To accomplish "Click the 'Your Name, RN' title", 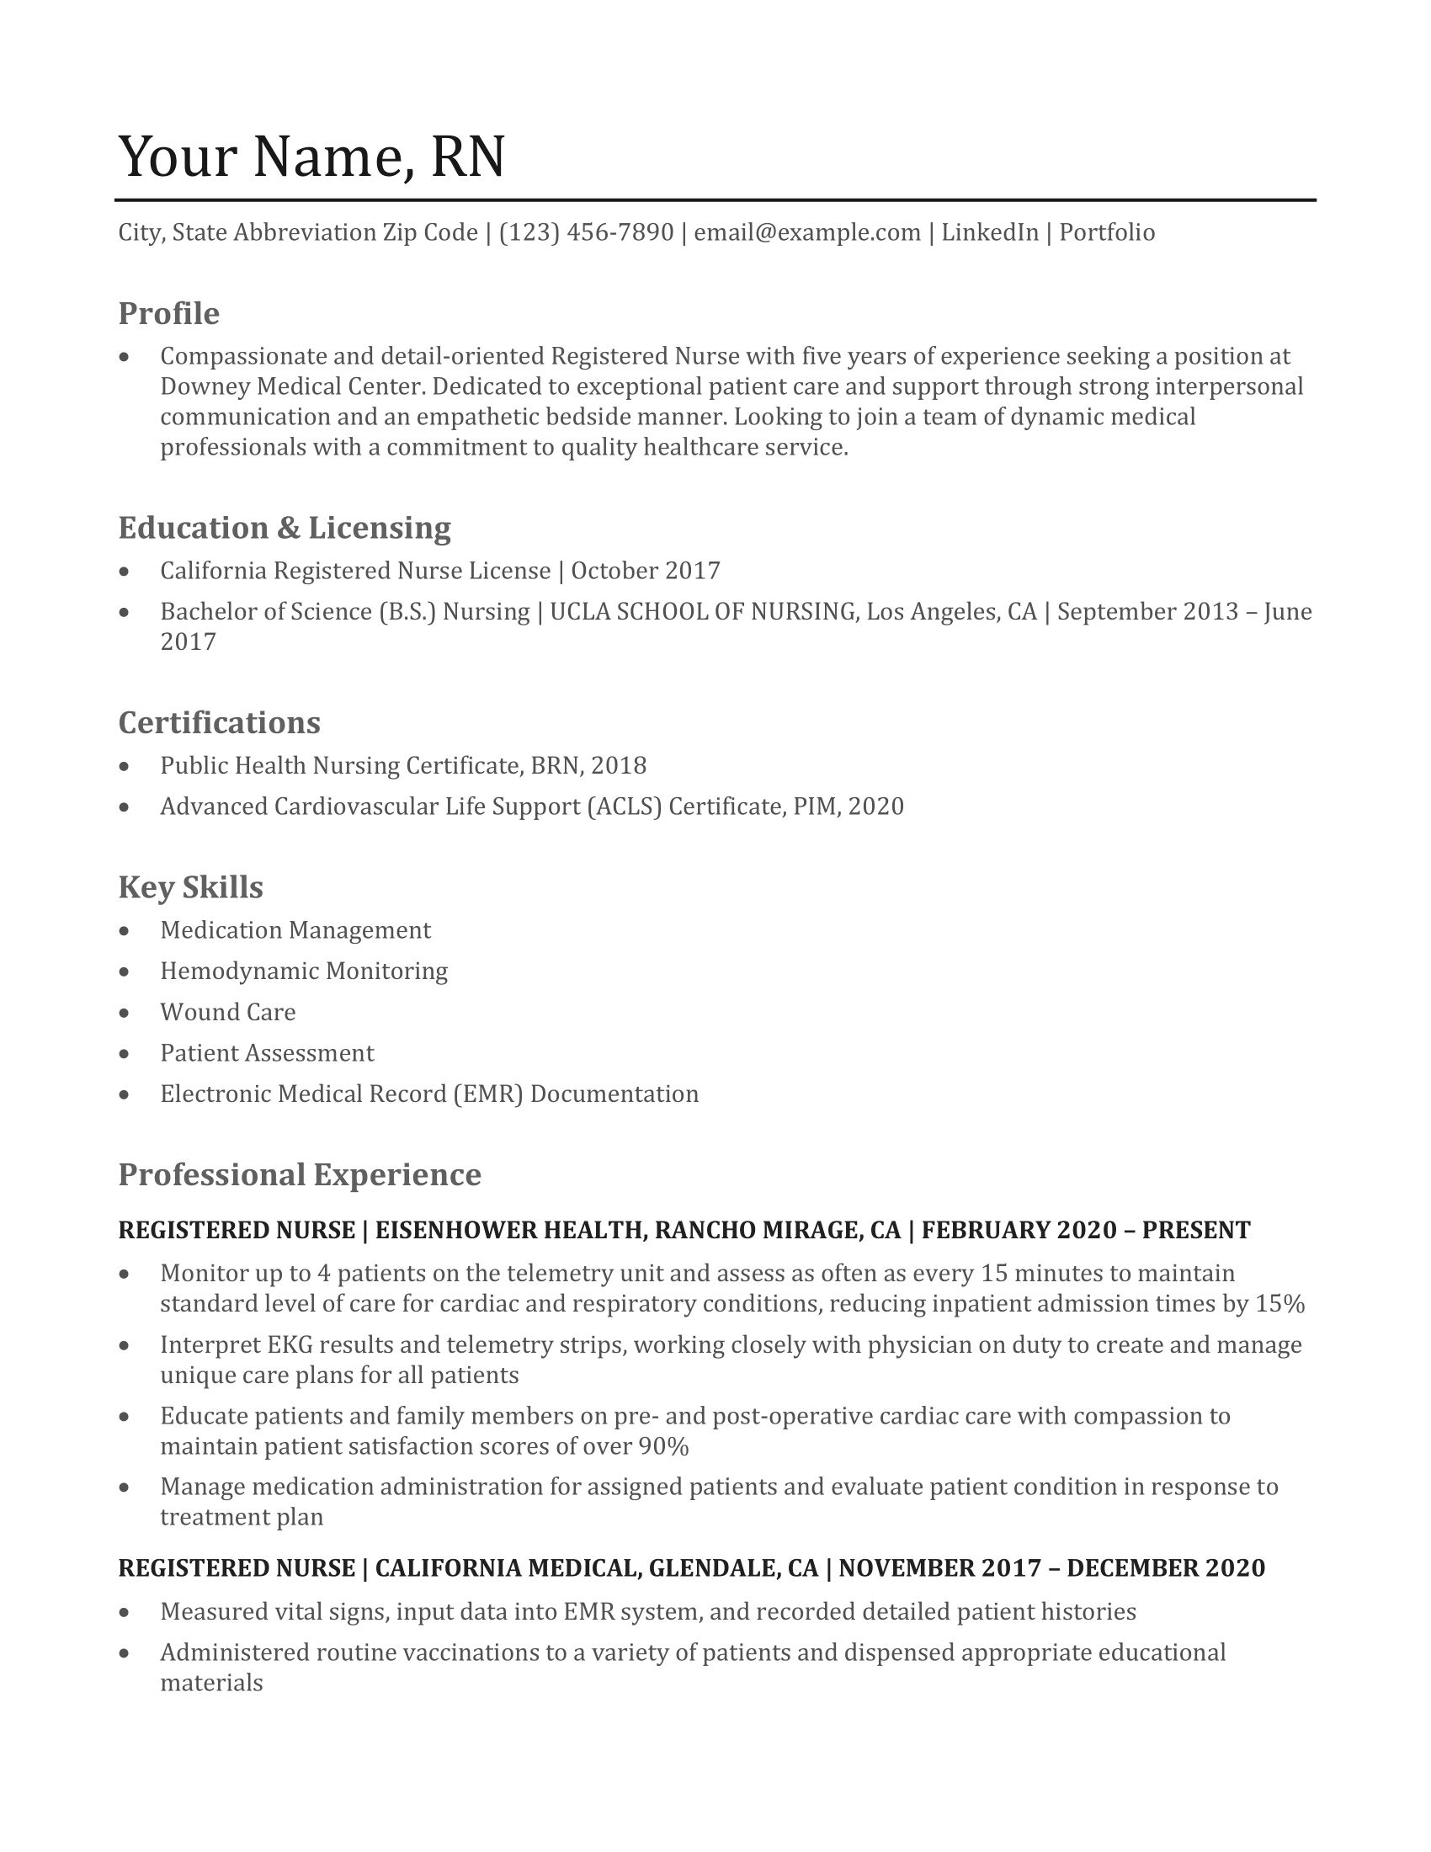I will click(x=311, y=157).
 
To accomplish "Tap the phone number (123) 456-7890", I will click(x=586, y=232).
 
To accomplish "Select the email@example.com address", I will click(x=807, y=232).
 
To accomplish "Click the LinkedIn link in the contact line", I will click(x=989, y=232).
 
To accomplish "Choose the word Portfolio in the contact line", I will click(x=1106, y=232).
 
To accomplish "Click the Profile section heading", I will click(x=168, y=314).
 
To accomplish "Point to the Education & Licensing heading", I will click(x=284, y=528).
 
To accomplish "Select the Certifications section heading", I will click(x=219, y=722).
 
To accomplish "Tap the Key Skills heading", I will click(x=191, y=887).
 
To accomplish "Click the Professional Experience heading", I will click(x=300, y=1174).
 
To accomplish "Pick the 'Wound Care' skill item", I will click(x=228, y=1012).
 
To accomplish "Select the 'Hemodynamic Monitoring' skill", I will click(x=304, y=971).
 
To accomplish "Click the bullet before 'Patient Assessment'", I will click(x=125, y=1054).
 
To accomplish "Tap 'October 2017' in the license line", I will click(x=645, y=571).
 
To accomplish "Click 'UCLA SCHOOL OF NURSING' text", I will click(x=702, y=611).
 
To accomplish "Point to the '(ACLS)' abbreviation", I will click(x=623, y=806).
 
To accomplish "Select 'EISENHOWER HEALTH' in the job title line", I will click(x=508, y=1230).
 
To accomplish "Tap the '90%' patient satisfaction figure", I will click(x=663, y=1445).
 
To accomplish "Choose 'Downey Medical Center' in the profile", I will click(x=290, y=386).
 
